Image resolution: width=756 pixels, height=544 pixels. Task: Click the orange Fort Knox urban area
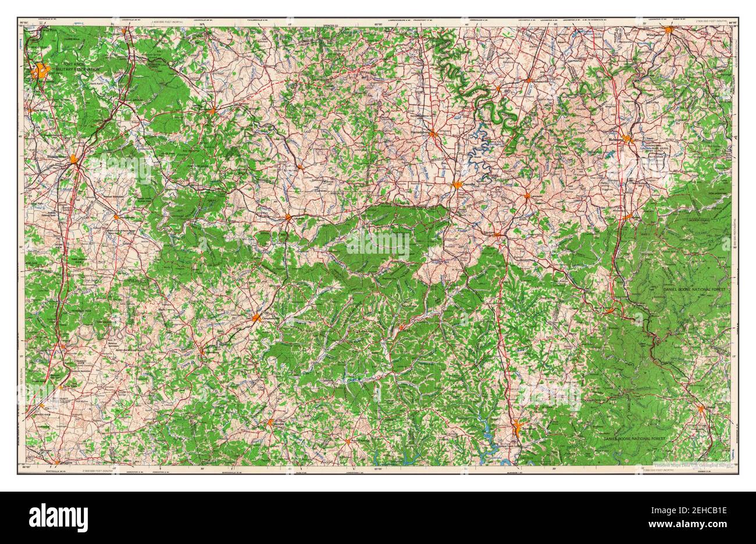click(x=41, y=72)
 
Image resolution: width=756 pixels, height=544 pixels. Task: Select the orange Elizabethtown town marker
click(x=74, y=158)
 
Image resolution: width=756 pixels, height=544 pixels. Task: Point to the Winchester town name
click(x=655, y=35)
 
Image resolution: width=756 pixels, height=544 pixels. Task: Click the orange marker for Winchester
click(x=669, y=30)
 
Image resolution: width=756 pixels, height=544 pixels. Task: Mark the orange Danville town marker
click(x=458, y=186)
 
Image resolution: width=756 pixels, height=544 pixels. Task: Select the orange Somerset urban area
click(x=517, y=430)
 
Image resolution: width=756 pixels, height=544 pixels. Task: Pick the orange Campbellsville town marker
click(x=256, y=318)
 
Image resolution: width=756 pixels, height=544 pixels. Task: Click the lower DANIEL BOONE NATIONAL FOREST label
click(x=634, y=437)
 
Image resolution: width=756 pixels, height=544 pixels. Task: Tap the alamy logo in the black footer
click(x=53, y=516)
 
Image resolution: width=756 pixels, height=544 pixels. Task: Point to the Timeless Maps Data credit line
click(x=683, y=466)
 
